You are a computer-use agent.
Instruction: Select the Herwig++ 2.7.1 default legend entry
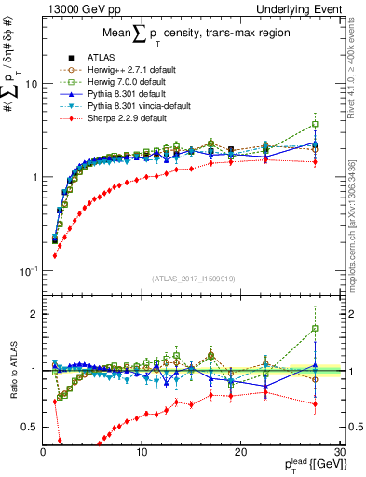(x=126, y=70)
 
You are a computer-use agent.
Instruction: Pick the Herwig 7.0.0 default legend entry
(x=124, y=82)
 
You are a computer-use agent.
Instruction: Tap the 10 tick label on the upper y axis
(x=30, y=83)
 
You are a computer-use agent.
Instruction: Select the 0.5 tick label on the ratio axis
(x=29, y=427)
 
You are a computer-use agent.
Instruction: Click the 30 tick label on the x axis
(x=340, y=452)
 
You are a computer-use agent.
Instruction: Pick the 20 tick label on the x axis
(x=240, y=452)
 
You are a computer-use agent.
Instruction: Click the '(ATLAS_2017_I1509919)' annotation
(x=193, y=279)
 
